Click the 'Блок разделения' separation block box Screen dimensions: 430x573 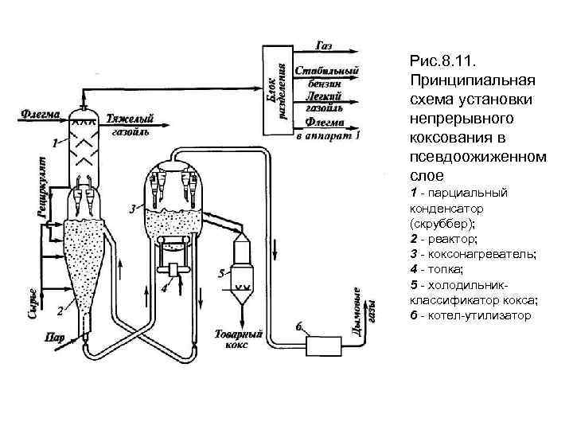tap(272, 87)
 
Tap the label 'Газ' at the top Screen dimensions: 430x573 tap(325, 45)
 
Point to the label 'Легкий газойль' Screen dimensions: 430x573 tap(325, 100)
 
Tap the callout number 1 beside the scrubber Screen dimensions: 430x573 tap(53, 144)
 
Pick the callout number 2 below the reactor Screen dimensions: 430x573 tap(60, 310)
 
